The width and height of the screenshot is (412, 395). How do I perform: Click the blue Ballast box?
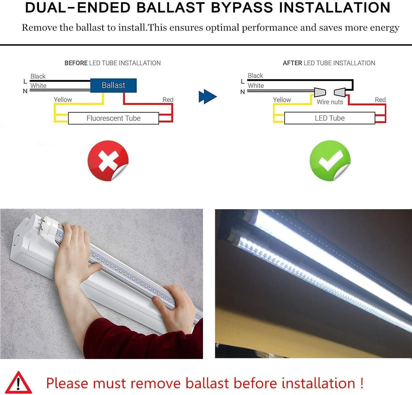(x=113, y=85)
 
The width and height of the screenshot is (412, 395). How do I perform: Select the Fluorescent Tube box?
(x=113, y=118)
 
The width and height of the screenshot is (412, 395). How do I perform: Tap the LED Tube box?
(x=330, y=118)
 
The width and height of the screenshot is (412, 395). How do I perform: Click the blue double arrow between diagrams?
(x=208, y=96)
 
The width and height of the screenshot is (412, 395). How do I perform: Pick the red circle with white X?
(x=108, y=160)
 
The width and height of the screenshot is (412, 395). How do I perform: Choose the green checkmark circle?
(x=330, y=160)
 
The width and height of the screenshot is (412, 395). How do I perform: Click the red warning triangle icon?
(x=19, y=383)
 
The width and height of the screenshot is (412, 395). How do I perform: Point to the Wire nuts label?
(x=330, y=102)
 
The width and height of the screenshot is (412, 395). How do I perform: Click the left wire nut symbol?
(x=320, y=92)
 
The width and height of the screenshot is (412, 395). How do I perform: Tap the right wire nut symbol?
(x=340, y=92)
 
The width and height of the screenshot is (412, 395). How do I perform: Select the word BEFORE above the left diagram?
(x=76, y=63)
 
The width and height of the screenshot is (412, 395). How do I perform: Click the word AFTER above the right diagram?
(x=292, y=63)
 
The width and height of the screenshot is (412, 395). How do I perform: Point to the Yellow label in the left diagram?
(x=63, y=100)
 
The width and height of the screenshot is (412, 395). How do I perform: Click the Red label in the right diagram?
(x=380, y=100)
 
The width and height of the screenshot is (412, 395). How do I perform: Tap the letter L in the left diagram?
(x=25, y=82)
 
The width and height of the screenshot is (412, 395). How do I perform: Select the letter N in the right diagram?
(x=243, y=92)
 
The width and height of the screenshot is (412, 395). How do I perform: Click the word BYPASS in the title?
(x=242, y=8)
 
